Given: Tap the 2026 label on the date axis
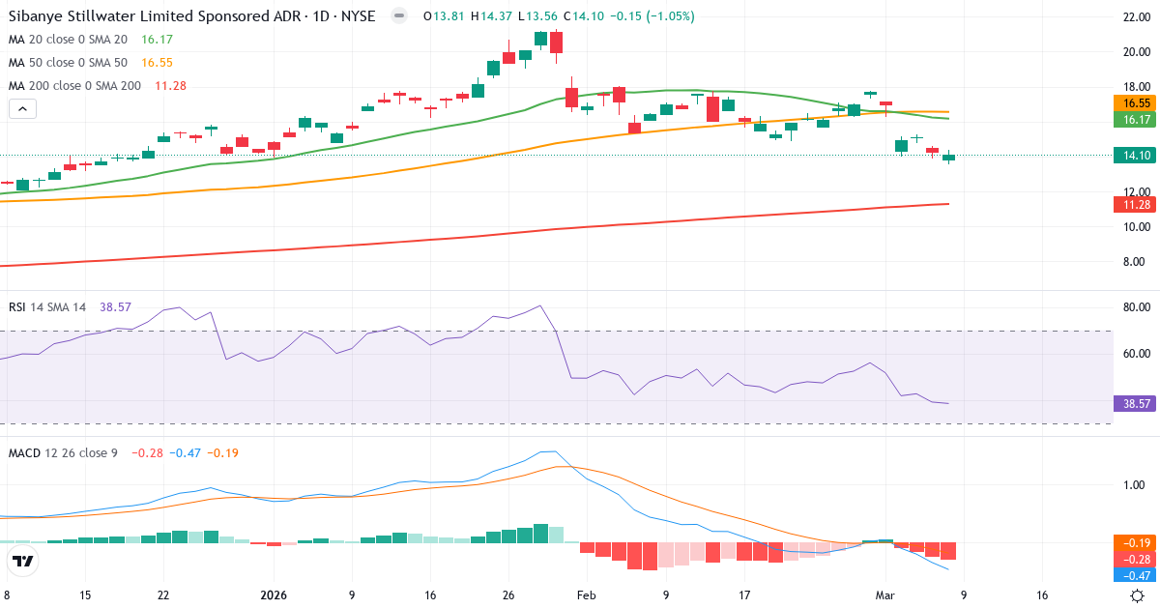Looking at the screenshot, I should click(274, 595).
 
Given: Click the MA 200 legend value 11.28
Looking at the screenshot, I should click(170, 86).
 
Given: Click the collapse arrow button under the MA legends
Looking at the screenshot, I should click(22, 109).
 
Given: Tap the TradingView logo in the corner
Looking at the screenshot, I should click(23, 561).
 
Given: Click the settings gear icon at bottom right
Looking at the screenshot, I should click(1138, 595).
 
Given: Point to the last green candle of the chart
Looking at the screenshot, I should click(948, 157).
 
